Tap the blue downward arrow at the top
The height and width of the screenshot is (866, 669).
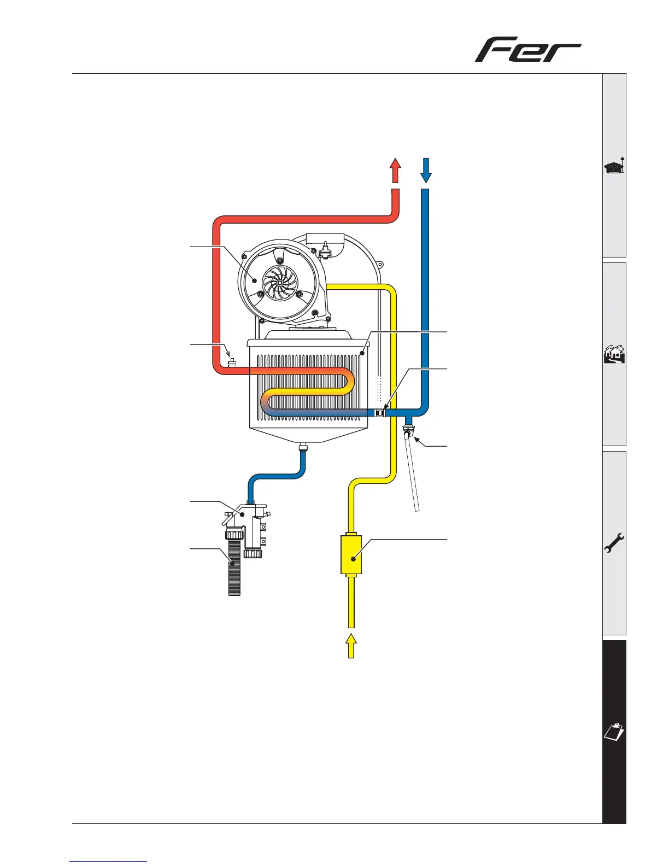pyautogui.click(x=426, y=171)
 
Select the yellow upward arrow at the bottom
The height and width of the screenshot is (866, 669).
pyautogui.click(x=351, y=646)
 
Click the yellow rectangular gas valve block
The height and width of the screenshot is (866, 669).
pyautogui.click(x=351, y=555)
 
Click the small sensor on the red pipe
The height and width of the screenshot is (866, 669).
pyautogui.click(x=231, y=362)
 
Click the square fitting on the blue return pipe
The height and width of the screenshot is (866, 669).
pyautogui.click(x=380, y=413)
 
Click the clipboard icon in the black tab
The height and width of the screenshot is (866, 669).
pyautogui.click(x=614, y=732)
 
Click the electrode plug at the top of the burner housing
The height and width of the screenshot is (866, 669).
pyautogui.click(x=326, y=251)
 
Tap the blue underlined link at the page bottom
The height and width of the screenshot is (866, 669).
pyautogui.click(x=109, y=862)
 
